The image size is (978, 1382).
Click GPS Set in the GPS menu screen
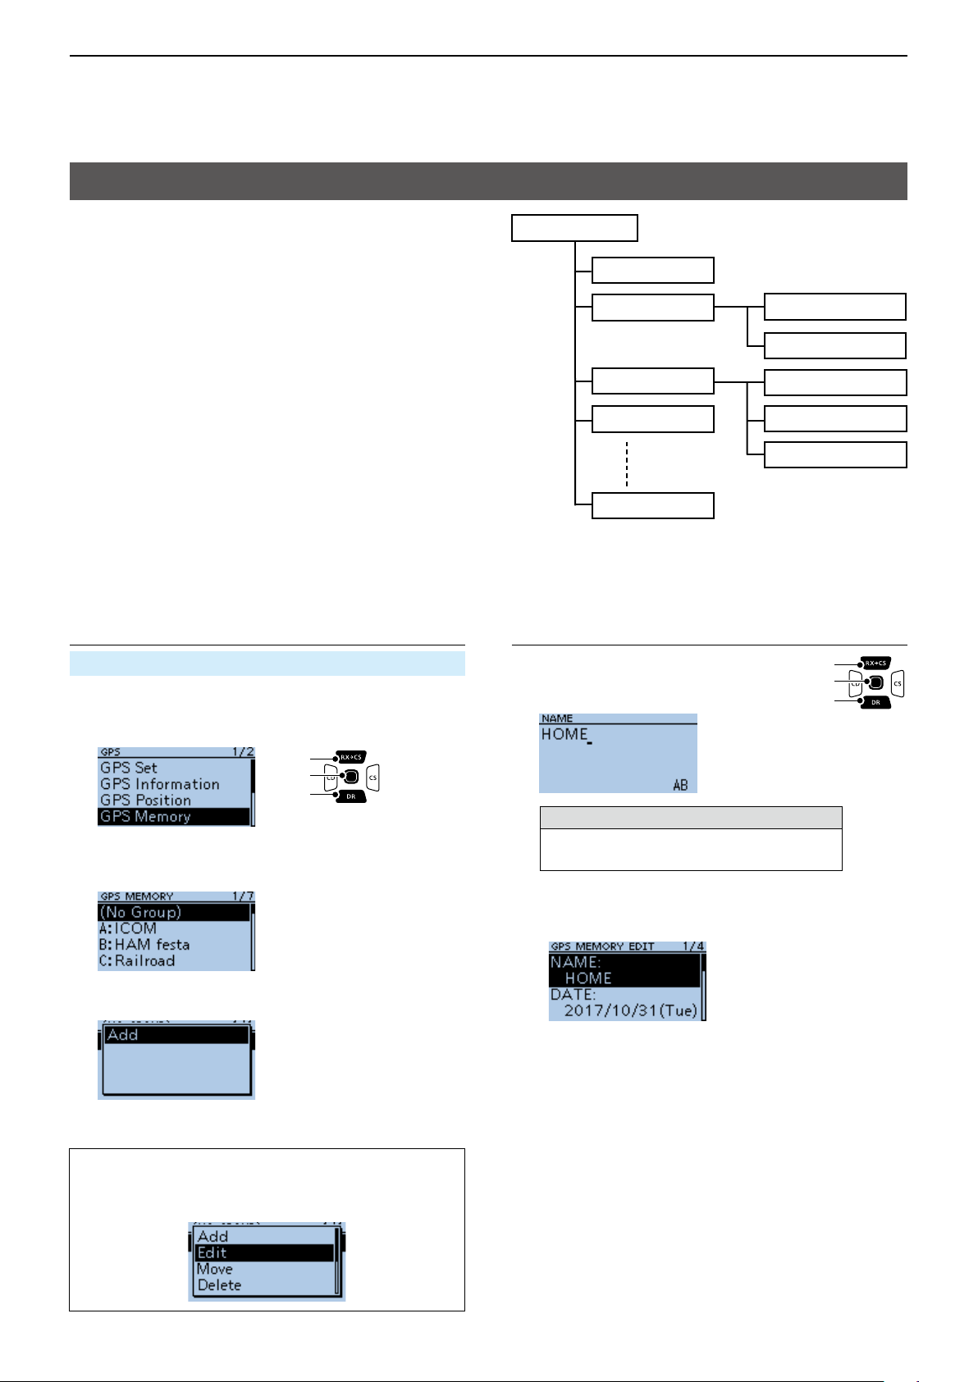129,768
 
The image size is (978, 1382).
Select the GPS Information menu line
160,784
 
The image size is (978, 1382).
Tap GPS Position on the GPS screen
145,800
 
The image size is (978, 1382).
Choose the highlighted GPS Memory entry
145,817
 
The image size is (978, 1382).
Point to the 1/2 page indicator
243,752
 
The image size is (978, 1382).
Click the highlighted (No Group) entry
140,912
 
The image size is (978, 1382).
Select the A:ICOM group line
128,928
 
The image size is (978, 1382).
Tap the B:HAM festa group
144,945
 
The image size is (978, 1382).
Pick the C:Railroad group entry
137,961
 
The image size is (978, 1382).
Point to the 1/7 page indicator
243,896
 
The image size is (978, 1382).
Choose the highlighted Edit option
212,1252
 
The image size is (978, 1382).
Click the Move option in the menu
215,1269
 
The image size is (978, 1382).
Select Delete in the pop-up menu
219,1285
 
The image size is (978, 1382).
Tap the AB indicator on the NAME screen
680,785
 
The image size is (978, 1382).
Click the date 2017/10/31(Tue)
630,1010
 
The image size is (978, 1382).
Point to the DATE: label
574,994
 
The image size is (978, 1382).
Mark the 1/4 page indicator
693,946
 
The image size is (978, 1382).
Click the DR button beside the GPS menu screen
350,796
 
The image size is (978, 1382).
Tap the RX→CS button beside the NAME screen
875,664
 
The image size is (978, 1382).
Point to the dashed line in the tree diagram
627,465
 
